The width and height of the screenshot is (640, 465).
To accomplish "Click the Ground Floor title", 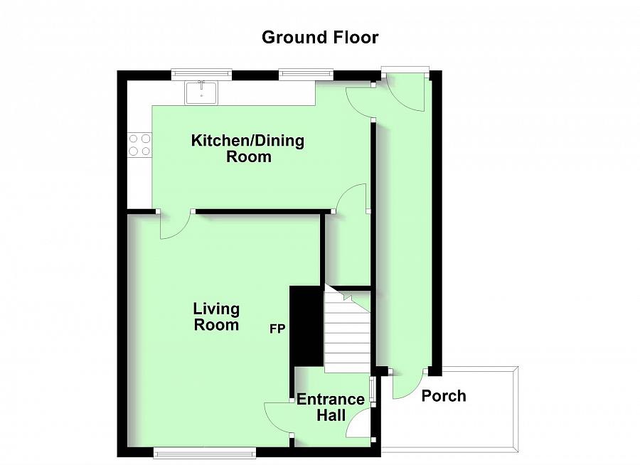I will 320,37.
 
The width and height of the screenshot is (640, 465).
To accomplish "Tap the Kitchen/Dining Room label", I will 247,149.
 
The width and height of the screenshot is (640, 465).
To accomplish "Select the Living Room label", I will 217,317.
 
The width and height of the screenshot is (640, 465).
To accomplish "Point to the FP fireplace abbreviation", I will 278,329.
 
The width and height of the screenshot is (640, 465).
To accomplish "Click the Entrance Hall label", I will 331,407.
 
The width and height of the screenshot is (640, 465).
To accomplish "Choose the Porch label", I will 444,396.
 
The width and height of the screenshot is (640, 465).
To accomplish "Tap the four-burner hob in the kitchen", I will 139,144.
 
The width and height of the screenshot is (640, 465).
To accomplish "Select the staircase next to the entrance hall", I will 348,331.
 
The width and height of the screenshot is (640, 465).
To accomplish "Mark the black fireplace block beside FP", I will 306,324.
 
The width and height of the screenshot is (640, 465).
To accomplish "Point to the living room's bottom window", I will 205,451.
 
